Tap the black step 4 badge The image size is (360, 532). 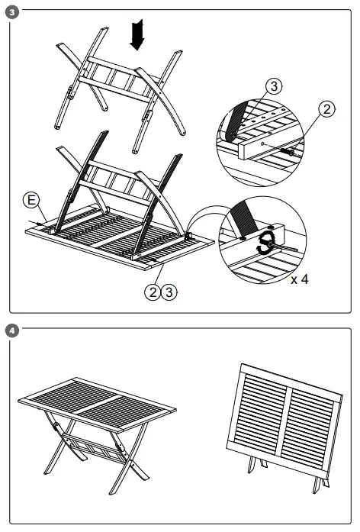[8, 330]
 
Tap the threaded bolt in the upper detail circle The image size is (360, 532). [292, 152]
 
